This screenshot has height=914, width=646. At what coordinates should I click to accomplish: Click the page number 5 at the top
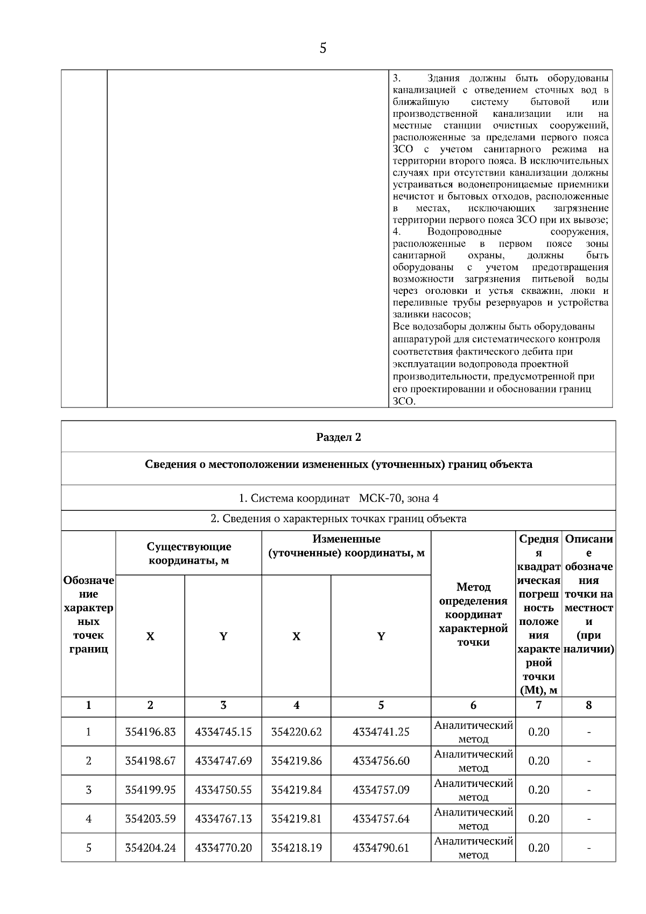322,48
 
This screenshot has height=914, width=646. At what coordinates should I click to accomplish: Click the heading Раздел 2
338,437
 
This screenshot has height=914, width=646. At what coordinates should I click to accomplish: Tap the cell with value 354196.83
150,732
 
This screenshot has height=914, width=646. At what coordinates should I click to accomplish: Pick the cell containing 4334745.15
223,732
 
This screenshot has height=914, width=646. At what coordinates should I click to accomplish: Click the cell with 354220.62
296,732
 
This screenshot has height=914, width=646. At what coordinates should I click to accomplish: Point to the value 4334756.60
381,761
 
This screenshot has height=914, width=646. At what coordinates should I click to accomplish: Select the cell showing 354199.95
150,790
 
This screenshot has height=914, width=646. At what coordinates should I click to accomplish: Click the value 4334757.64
381,819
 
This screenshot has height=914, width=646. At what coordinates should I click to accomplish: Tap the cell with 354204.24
150,848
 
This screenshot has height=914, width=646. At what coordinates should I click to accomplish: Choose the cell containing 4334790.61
381,848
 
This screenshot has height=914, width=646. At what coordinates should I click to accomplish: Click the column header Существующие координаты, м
189,553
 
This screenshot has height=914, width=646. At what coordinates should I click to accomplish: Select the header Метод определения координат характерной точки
473,614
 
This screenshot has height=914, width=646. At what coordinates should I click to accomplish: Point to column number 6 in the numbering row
473,705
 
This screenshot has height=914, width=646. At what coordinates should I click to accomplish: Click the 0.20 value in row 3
538,790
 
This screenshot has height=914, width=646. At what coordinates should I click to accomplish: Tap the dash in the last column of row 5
588,848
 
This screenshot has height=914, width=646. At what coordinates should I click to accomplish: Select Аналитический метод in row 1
473,732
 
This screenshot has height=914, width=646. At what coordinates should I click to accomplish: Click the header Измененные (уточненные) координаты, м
346,546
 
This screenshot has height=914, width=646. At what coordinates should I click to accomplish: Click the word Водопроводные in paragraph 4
464,231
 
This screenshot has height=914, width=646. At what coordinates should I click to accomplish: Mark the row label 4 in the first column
88,819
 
